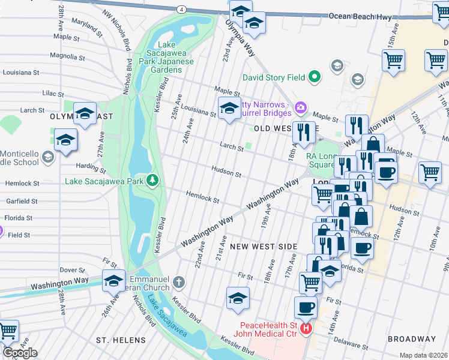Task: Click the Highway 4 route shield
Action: tap(181, 9)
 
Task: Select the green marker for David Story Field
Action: tap(313, 77)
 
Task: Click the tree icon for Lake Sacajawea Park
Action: tap(153, 180)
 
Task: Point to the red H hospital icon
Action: tap(307, 329)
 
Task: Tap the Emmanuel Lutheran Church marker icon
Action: tap(178, 282)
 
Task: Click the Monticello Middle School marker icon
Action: tap(48, 157)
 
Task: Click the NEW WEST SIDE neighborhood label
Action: tap(264, 247)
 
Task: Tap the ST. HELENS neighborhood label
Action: tap(118, 340)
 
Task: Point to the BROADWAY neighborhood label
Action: tap(411, 339)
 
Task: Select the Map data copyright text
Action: tap(424, 355)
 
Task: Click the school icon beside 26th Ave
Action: tap(114, 280)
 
